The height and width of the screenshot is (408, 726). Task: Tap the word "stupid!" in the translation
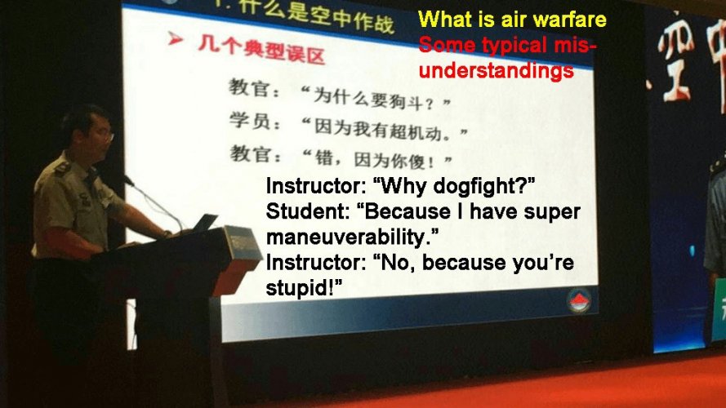point(303,289)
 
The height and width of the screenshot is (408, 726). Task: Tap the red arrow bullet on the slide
point(174,40)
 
